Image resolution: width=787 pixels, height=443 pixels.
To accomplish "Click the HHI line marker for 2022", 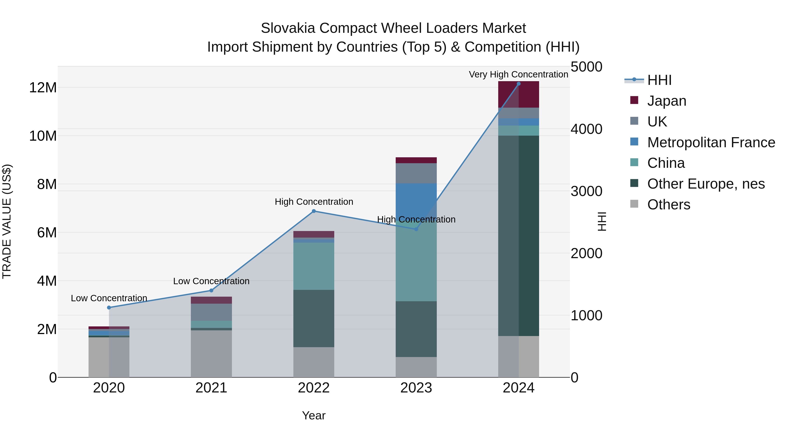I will pos(313,211).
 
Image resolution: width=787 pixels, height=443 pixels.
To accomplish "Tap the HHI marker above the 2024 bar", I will pos(519,84).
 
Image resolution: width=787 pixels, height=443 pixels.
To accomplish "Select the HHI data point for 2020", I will pos(109,308).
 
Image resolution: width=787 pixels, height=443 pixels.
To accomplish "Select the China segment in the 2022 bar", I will pos(313,266).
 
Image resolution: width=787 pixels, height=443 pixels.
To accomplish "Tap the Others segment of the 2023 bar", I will pos(416,367).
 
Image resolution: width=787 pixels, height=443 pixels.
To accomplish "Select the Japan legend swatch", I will pos(634,100).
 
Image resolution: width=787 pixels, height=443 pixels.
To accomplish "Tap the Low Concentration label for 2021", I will pos(211,281).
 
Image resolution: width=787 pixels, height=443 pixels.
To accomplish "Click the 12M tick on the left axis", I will pos(43,88).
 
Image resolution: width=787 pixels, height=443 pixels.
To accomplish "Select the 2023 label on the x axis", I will pos(416,388).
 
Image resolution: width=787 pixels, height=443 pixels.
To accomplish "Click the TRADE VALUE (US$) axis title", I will pos(7,221).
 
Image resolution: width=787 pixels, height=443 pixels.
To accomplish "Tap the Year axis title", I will pos(313,415).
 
